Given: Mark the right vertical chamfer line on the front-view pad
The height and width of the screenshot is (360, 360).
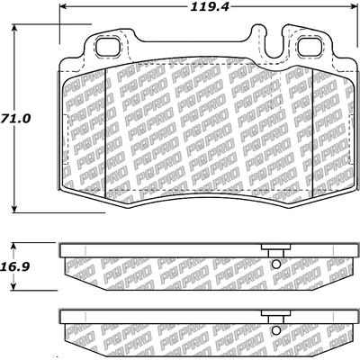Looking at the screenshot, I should click(311, 126).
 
